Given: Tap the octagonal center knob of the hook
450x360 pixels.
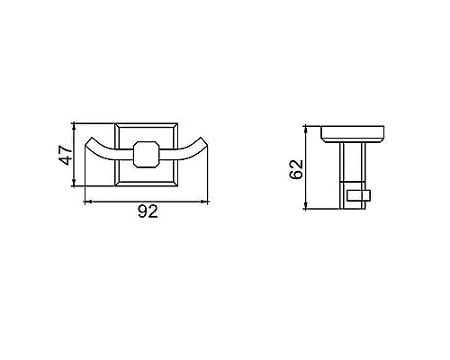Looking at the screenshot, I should point(147,154).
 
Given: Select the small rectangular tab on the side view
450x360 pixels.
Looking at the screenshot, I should point(359,194).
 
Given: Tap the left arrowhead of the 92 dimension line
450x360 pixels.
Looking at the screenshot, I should point(87,202).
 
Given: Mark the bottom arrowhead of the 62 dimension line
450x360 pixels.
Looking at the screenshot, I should point(309,206).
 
